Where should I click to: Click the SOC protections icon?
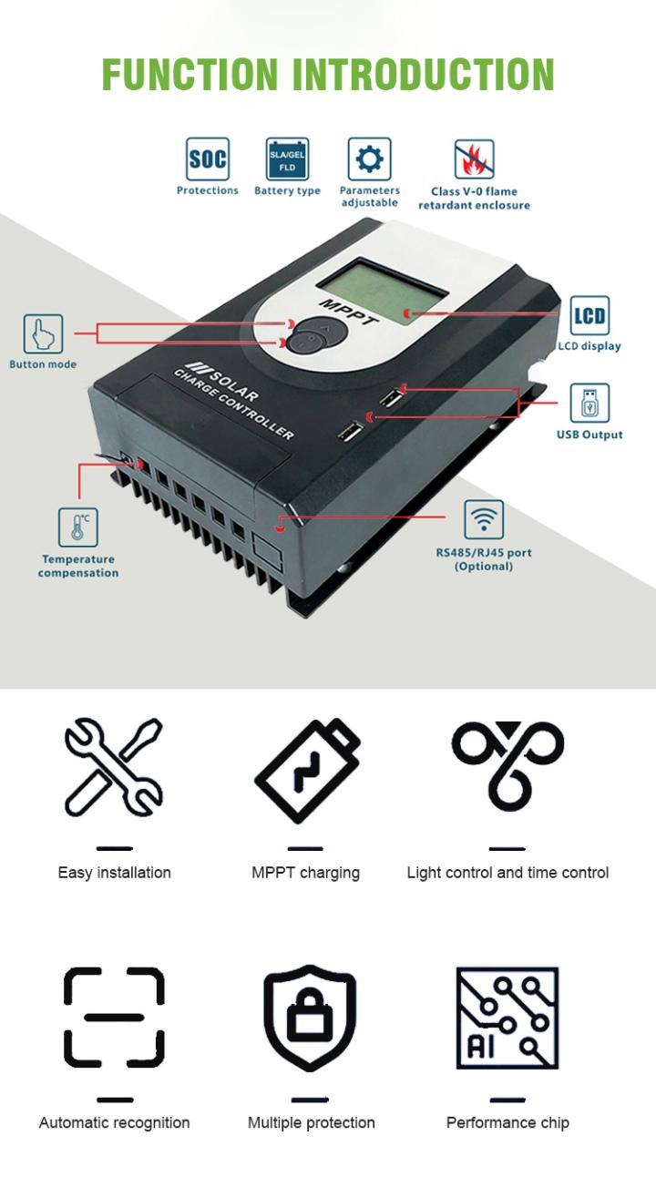207,159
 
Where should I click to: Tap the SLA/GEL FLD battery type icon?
287,159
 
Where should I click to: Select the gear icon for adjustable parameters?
369,159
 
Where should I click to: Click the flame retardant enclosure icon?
474,159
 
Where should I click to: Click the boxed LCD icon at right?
589,316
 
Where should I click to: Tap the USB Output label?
589,435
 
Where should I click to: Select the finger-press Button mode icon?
43,334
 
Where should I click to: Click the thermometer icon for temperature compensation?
77,527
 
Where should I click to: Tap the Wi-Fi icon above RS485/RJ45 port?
483,519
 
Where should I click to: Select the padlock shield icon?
310,1018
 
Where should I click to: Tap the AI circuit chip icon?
507,1018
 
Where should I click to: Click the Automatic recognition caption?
114,1122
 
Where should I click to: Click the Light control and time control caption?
507,873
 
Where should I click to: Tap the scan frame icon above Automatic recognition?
114,1018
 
